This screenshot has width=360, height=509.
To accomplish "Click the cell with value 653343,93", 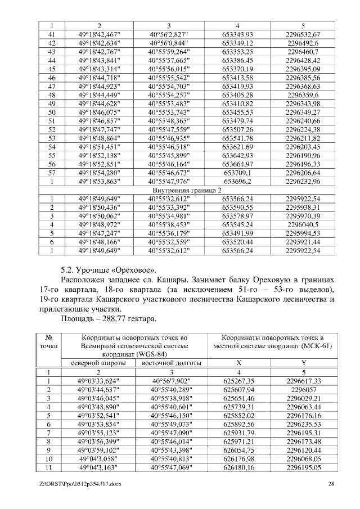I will click(238, 34).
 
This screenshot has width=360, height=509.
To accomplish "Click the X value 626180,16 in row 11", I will click(238, 467).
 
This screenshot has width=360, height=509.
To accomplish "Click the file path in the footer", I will click(77, 484).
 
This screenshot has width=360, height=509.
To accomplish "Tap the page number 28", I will click(331, 484).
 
